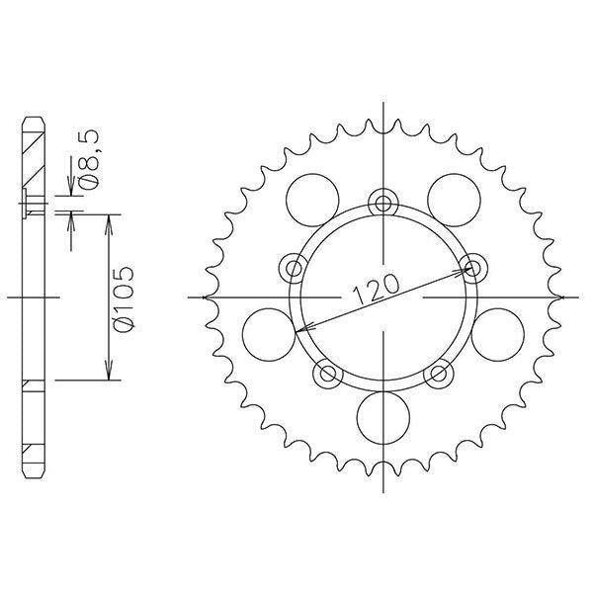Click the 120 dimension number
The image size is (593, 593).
click(x=375, y=287)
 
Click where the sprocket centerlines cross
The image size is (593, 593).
click(x=381, y=296)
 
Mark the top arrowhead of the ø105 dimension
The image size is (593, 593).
click(x=108, y=219)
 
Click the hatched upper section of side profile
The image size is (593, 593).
click(x=34, y=158)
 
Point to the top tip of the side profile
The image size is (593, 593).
click(x=34, y=117)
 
